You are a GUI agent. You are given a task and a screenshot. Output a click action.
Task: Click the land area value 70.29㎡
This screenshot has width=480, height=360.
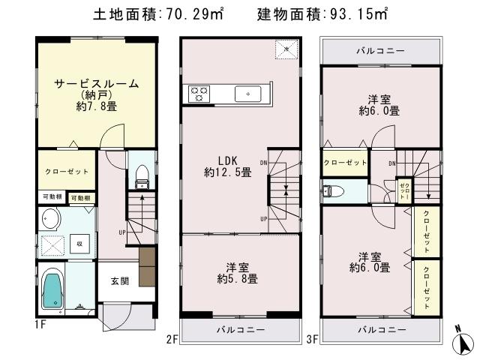click(189, 15)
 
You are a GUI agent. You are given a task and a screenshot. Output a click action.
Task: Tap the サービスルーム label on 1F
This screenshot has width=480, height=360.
click(96, 84)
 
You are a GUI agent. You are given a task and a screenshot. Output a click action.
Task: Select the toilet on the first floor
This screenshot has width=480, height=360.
click(139, 177)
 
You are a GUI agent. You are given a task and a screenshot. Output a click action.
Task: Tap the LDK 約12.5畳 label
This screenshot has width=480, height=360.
click(227, 166)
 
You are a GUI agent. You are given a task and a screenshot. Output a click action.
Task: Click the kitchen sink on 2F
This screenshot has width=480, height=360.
click(247, 94)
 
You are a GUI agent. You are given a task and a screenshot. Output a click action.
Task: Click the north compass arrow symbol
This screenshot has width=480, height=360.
click(466, 341)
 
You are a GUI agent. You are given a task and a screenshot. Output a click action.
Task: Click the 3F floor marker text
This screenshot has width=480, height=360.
click(312, 339)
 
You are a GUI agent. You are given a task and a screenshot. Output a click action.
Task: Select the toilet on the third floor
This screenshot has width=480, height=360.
click(332, 191)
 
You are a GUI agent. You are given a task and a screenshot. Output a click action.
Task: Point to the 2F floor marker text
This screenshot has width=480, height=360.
click(172, 339)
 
